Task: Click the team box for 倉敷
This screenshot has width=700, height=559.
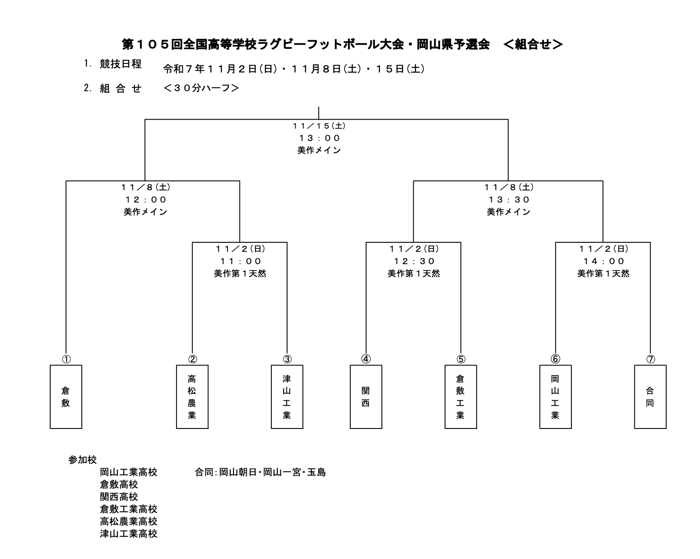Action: (66, 397)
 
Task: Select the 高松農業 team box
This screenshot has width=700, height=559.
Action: (192, 397)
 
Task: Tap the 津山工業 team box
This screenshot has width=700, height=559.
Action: (287, 397)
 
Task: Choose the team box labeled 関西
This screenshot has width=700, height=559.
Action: (366, 397)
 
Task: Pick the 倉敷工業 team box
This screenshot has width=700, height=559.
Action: (461, 397)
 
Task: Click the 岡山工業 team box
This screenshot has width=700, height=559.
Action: (555, 397)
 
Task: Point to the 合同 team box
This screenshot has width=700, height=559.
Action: (650, 397)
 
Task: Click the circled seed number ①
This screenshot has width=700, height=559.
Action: (66, 359)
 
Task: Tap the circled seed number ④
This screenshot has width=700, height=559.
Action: (366, 359)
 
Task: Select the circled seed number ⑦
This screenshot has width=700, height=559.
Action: (650, 359)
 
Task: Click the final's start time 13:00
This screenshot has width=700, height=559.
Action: (319, 138)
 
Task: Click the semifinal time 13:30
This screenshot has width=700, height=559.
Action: (508, 199)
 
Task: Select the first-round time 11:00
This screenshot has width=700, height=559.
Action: (240, 261)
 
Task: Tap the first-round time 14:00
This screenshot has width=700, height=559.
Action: (603, 261)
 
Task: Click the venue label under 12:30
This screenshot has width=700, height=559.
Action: (414, 273)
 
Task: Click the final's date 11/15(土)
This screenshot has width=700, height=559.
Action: (319, 125)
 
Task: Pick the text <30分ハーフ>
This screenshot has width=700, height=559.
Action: (201, 88)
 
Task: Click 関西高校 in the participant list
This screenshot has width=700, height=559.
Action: (119, 496)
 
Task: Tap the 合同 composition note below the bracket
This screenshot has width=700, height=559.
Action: (260, 472)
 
